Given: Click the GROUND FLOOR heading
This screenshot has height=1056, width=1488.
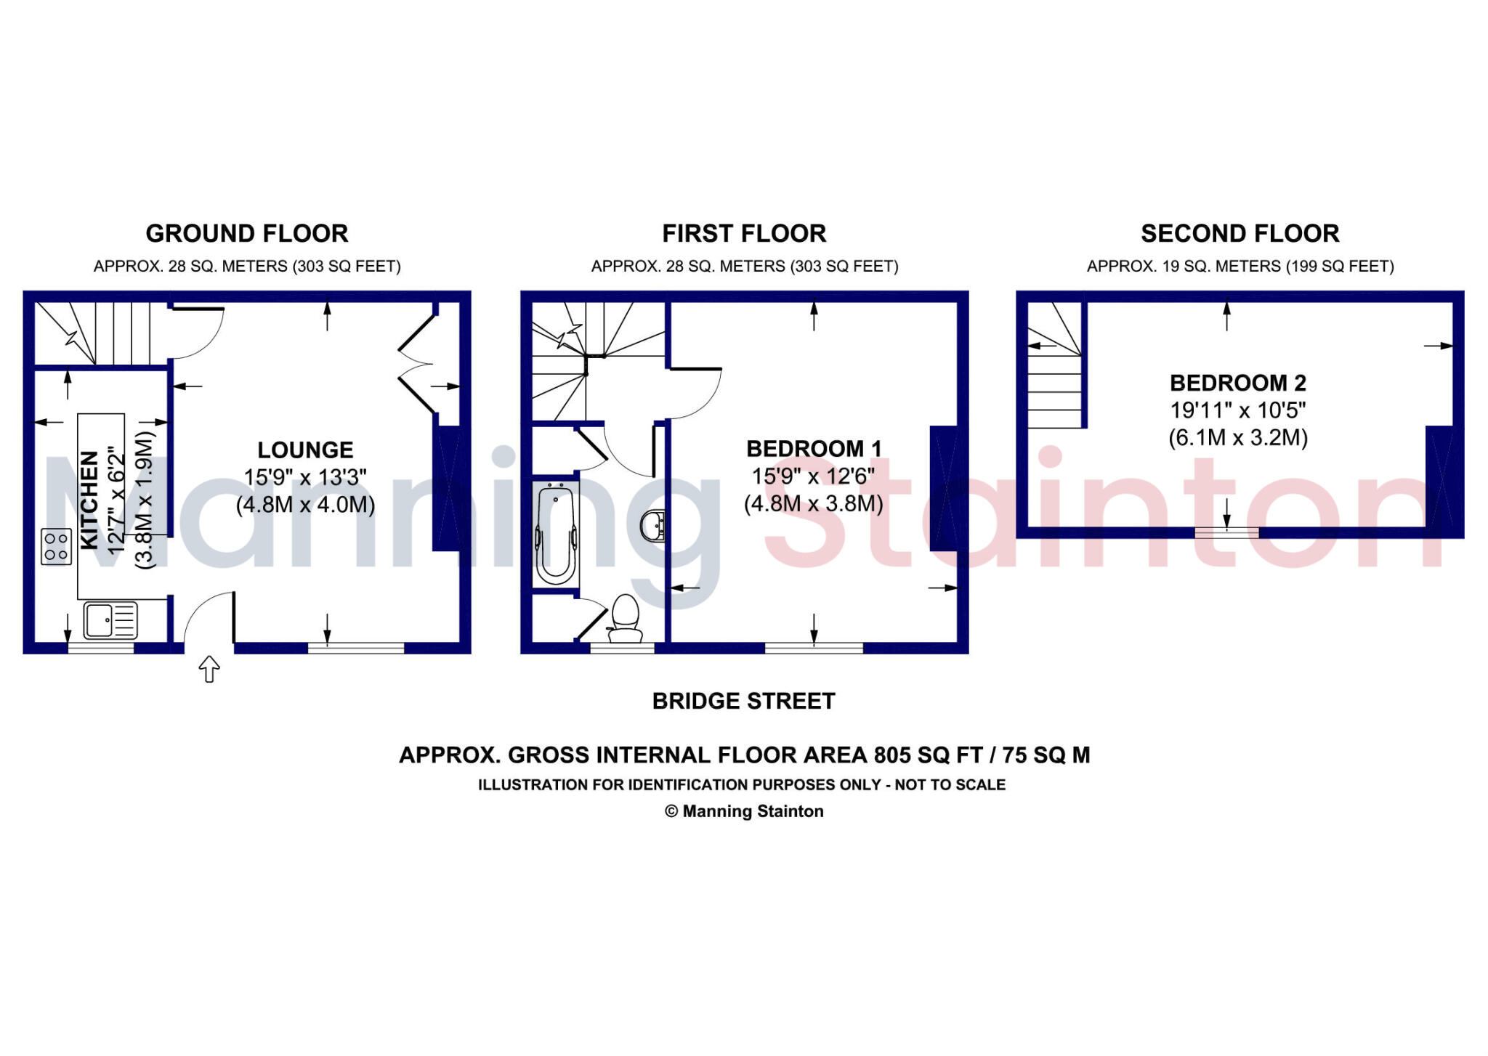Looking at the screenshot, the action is pyautogui.click(x=247, y=234).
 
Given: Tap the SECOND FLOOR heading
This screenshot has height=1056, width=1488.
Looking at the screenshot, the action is pyautogui.click(x=1240, y=234).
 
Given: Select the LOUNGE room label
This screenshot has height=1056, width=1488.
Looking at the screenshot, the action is pyautogui.click(x=305, y=450).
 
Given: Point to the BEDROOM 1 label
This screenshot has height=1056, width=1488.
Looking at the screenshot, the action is pyautogui.click(x=814, y=449).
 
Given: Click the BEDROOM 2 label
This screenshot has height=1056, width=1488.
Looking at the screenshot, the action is pyautogui.click(x=1237, y=383).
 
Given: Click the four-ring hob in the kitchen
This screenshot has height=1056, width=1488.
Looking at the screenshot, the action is pyautogui.click(x=56, y=546).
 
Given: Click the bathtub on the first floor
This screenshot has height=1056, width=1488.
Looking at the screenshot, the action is pyautogui.click(x=556, y=534).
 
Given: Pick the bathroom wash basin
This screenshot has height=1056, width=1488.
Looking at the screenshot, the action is pyautogui.click(x=653, y=526).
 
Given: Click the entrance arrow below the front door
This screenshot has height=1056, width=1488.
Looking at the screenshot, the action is pyautogui.click(x=209, y=669).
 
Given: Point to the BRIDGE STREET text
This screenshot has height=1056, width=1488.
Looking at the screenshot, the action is pyautogui.click(x=743, y=701).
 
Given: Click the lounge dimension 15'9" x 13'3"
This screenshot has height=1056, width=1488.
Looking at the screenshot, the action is pyautogui.click(x=305, y=477).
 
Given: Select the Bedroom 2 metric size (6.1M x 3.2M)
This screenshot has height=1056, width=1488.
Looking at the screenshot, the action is pyautogui.click(x=1238, y=438).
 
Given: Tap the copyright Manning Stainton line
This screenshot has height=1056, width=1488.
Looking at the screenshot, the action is pyautogui.click(x=744, y=811).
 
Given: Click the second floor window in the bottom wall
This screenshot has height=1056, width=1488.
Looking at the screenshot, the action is pyautogui.click(x=1226, y=533).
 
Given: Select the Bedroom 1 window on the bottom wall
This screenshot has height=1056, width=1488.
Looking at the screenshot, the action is pyautogui.click(x=814, y=648).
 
